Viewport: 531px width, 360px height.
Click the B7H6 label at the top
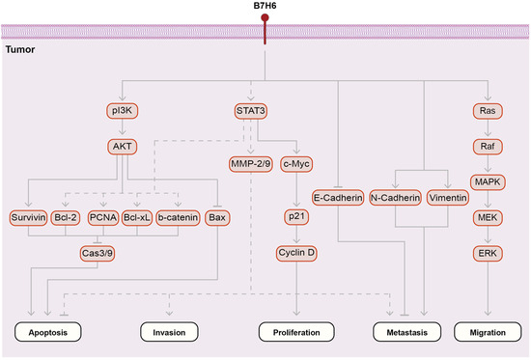pyautogui.click(x=265, y=8)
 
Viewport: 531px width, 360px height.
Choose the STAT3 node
pyautogui.click(x=251, y=111)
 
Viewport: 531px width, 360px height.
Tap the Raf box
pyautogui.click(x=488, y=148)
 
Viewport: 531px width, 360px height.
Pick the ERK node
pyautogui.click(x=488, y=254)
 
